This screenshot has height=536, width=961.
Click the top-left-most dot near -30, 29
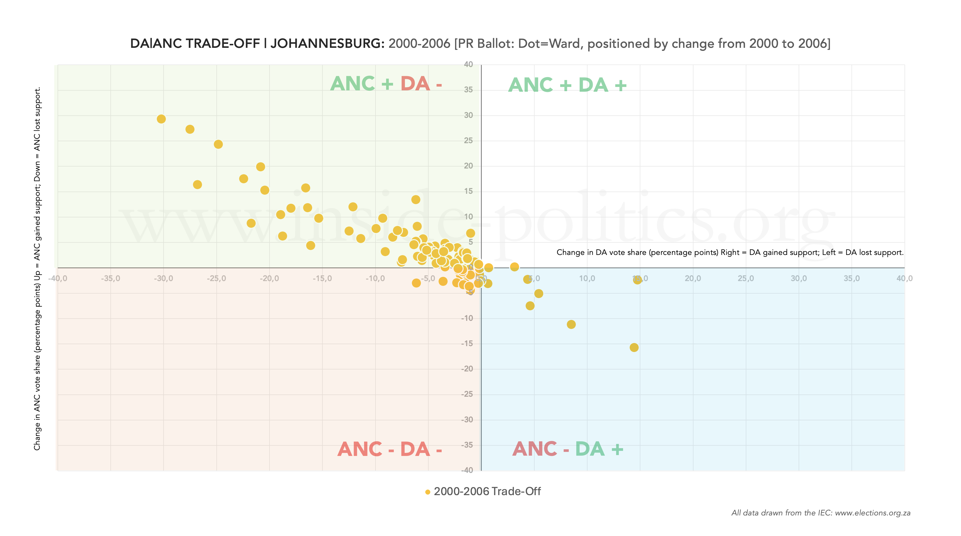(x=161, y=119)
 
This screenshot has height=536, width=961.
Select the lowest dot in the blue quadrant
(x=634, y=347)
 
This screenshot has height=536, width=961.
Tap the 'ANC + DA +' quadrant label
(x=567, y=85)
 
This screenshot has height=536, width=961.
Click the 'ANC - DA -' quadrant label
(x=389, y=449)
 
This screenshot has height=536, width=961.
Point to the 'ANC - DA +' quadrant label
(x=567, y=449)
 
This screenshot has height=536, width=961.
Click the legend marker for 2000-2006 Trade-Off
(x=428, y=492)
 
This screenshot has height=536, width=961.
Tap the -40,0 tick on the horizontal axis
(x=58, y=278)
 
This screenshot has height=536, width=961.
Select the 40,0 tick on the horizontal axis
(x=904, y=278)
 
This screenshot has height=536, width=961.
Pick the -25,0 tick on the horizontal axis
(x=216, y=278)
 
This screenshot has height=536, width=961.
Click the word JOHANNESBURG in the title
(x=327, y=44)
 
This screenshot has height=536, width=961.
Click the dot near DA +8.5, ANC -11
(x=571, y=324)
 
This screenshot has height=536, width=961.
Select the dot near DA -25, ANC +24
(x=218, y=144)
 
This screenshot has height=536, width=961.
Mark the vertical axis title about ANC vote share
(x=37, y=269)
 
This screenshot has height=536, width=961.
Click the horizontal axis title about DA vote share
(x=730, y=252)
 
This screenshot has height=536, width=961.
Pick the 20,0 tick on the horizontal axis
(x=693, y=278)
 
